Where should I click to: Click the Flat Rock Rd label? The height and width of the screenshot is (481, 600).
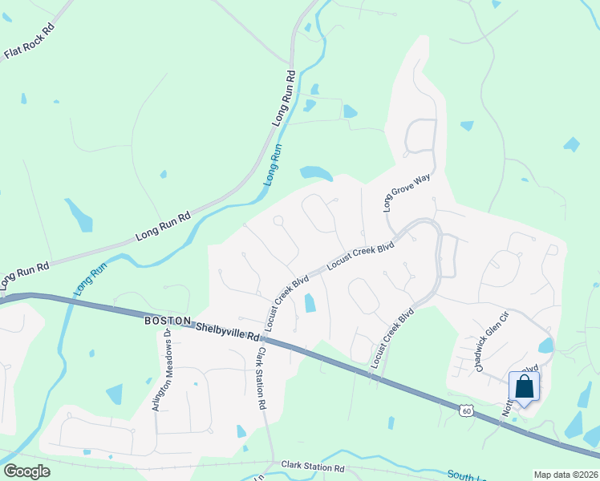click(x=28, y=42)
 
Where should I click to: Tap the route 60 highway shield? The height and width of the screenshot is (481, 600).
click(x=467, y=410)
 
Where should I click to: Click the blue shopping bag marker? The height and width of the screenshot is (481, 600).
click(x=524, y=387)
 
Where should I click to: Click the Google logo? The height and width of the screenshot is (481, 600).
click(x=26, y=471)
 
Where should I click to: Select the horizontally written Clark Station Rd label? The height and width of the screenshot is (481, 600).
click(x=313, y=467)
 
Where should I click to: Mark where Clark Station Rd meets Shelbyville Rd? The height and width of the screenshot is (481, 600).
click(x=266, y=338)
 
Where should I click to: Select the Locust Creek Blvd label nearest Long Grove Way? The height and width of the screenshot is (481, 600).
click(x=362, y=257)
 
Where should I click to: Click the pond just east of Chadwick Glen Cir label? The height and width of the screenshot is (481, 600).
click(x=545, y=346)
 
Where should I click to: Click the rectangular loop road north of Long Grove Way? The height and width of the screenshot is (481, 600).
click(x=420, y=135)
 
